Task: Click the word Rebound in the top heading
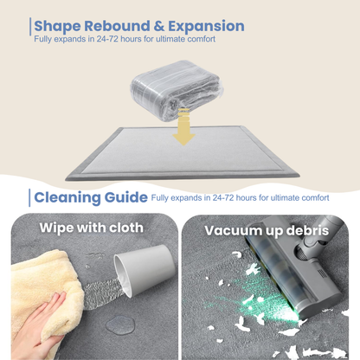[x=117, y=26]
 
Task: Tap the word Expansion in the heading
[x=206, y=27]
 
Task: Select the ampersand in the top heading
[x=159, y=26]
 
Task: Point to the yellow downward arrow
[x=183, y=126]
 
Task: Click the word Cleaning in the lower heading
[x=67, y=198]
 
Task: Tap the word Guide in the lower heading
[x=126, y=197]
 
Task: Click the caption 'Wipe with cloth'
[x=92, y=228]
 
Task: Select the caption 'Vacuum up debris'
[x=267, y=231]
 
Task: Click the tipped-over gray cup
[x=145, y=268]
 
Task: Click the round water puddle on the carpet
[x=120, y=325]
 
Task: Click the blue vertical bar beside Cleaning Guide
[x=29, y=198]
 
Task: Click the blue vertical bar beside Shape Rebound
[x=30, y=27]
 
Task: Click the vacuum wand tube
[x=327, y=231]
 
